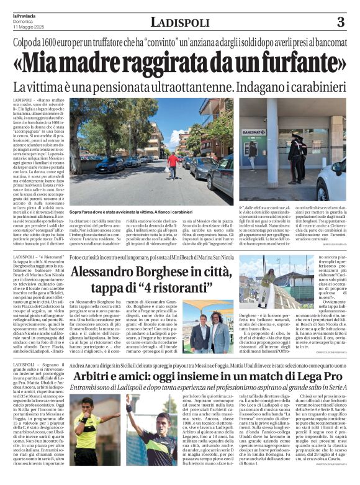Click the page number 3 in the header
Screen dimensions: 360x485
340,22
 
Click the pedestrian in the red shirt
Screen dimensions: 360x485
173,163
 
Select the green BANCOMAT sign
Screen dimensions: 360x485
254,132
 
